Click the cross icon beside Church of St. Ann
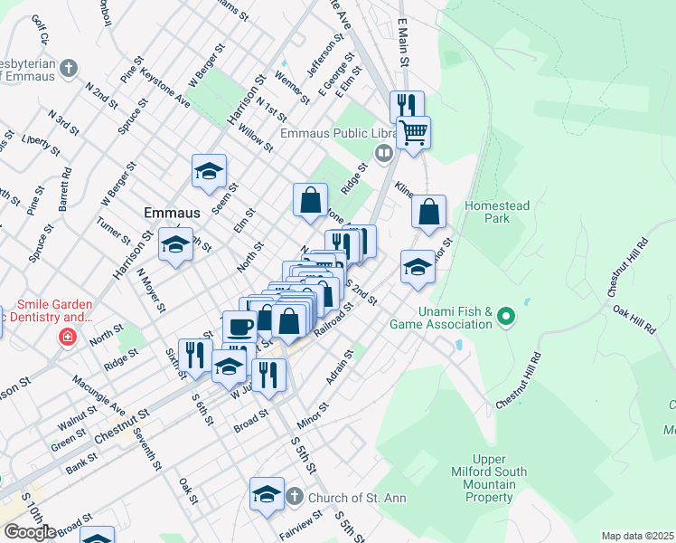pos(294,497)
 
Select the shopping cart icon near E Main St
pos(413,132)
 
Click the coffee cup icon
pos(239,325)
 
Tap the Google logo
pos(29,532)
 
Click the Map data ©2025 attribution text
pos(638,536)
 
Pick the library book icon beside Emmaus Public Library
pos(384,152)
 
